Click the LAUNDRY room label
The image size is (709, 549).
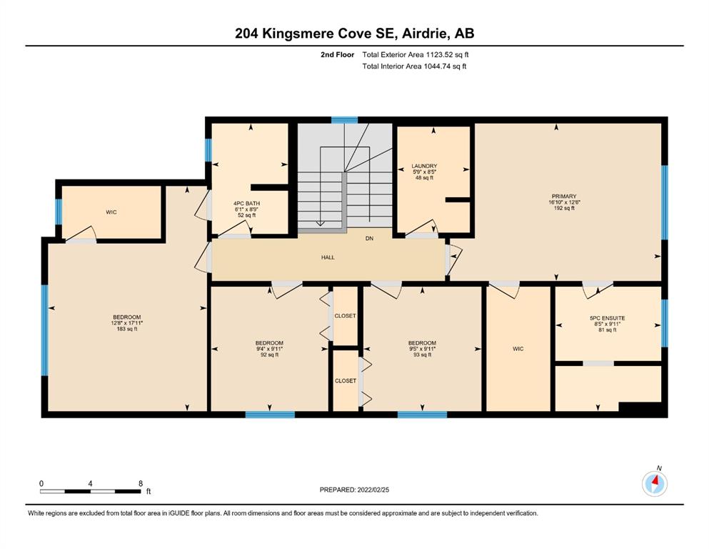[x=424, y=166]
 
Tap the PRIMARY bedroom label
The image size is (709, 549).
[x=564, y=197]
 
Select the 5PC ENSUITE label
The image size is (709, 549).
[x=608, y=318]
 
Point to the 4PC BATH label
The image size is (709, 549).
[x=246, y=204]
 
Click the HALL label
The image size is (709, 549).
[x=328, y=257]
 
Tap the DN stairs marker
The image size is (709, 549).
[x=369, y=239]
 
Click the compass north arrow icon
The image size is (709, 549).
[x=655, y=483]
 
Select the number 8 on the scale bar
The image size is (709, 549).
[x=141, y=483]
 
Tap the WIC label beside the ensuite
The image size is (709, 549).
[x=518, y=349]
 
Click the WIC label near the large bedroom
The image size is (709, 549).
[x=111, y=212]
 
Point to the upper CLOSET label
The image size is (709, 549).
[x=345, y=316]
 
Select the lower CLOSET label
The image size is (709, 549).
[x=346, y=381]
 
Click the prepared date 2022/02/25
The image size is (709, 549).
[x=373, y=490]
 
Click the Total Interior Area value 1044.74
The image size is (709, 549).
[x=438, y=66]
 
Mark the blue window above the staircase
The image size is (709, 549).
[x=345, y=120]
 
